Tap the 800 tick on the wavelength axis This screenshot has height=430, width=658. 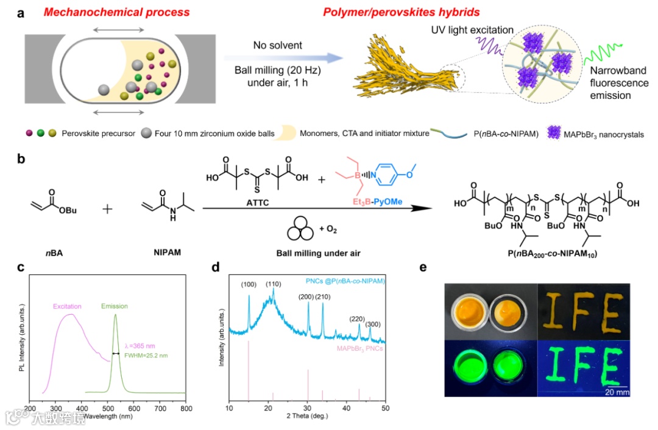[x=186, y=409]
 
